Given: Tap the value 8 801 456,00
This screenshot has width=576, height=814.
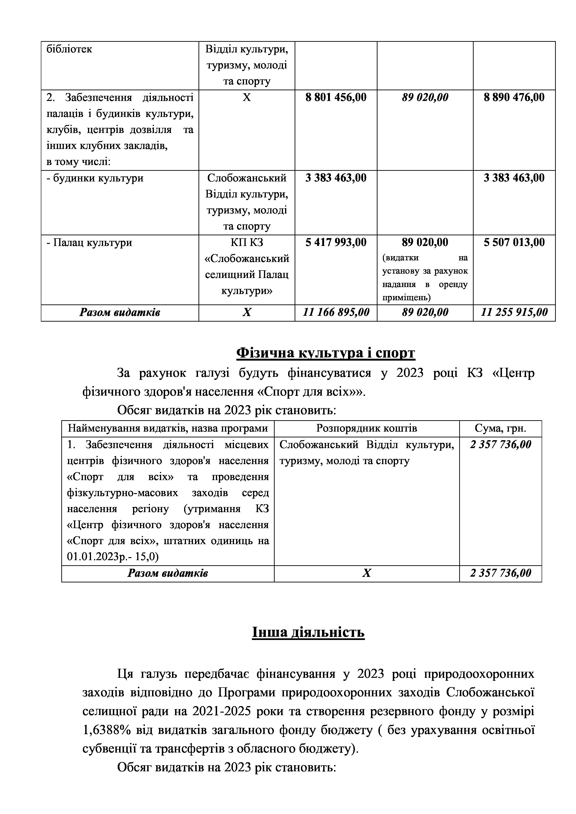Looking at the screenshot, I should pos(335,97).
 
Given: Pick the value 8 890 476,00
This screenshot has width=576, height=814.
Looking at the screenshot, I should pos(514,97).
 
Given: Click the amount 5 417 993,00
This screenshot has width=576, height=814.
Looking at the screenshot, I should pos(335,242).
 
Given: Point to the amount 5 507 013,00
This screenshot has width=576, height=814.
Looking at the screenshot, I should pos(514,242).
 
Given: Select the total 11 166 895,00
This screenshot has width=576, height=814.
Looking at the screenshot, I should pos(335,312).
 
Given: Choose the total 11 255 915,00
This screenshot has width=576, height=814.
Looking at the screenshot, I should pos(514,312).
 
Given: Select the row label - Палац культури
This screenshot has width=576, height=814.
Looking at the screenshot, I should pos(89,242).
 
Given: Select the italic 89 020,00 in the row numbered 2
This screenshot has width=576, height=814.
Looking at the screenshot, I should pos(425,97).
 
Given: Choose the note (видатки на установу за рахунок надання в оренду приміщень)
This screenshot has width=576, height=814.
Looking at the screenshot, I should pos(425,277).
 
